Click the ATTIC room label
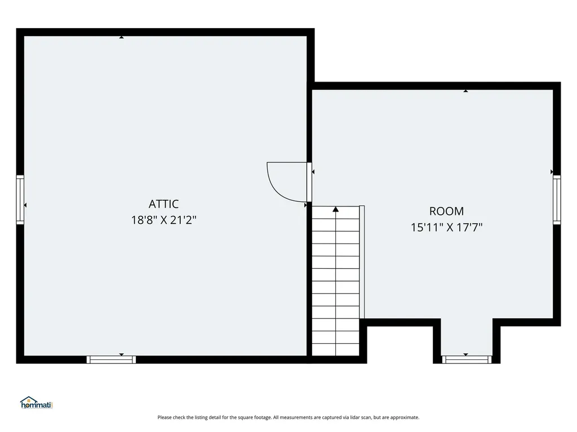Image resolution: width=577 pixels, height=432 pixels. (x=163, y=204)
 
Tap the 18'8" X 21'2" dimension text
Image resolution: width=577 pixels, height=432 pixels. (x=163, y=220)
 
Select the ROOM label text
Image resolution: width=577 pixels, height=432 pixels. (x=446, y=211)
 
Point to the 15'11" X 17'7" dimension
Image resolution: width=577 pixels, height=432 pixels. (x=446, y=227)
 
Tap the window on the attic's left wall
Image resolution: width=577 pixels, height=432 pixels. (x=20, y=200)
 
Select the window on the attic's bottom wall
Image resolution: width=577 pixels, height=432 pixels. (x=111, y=359)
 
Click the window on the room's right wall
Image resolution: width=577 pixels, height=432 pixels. (x=557, y=200)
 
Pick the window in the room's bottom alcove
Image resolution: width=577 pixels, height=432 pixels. (x=466, y=359)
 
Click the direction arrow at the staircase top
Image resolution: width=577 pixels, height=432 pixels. (x=336, y=209)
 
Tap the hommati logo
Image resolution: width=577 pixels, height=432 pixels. (x=35, y=403)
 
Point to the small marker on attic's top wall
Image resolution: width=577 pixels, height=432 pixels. (x=121, y=37)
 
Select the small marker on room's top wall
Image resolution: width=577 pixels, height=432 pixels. (x=465, y=91)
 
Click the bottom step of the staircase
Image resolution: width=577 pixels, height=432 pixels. (x=336, y=349)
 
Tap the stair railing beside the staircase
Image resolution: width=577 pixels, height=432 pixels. (x=362, y=262)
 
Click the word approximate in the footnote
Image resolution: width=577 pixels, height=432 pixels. (x=406, y=417)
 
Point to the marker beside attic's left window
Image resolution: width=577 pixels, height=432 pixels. (x=25, y=205)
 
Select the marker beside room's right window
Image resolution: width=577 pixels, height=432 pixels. (x=552, y=172)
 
